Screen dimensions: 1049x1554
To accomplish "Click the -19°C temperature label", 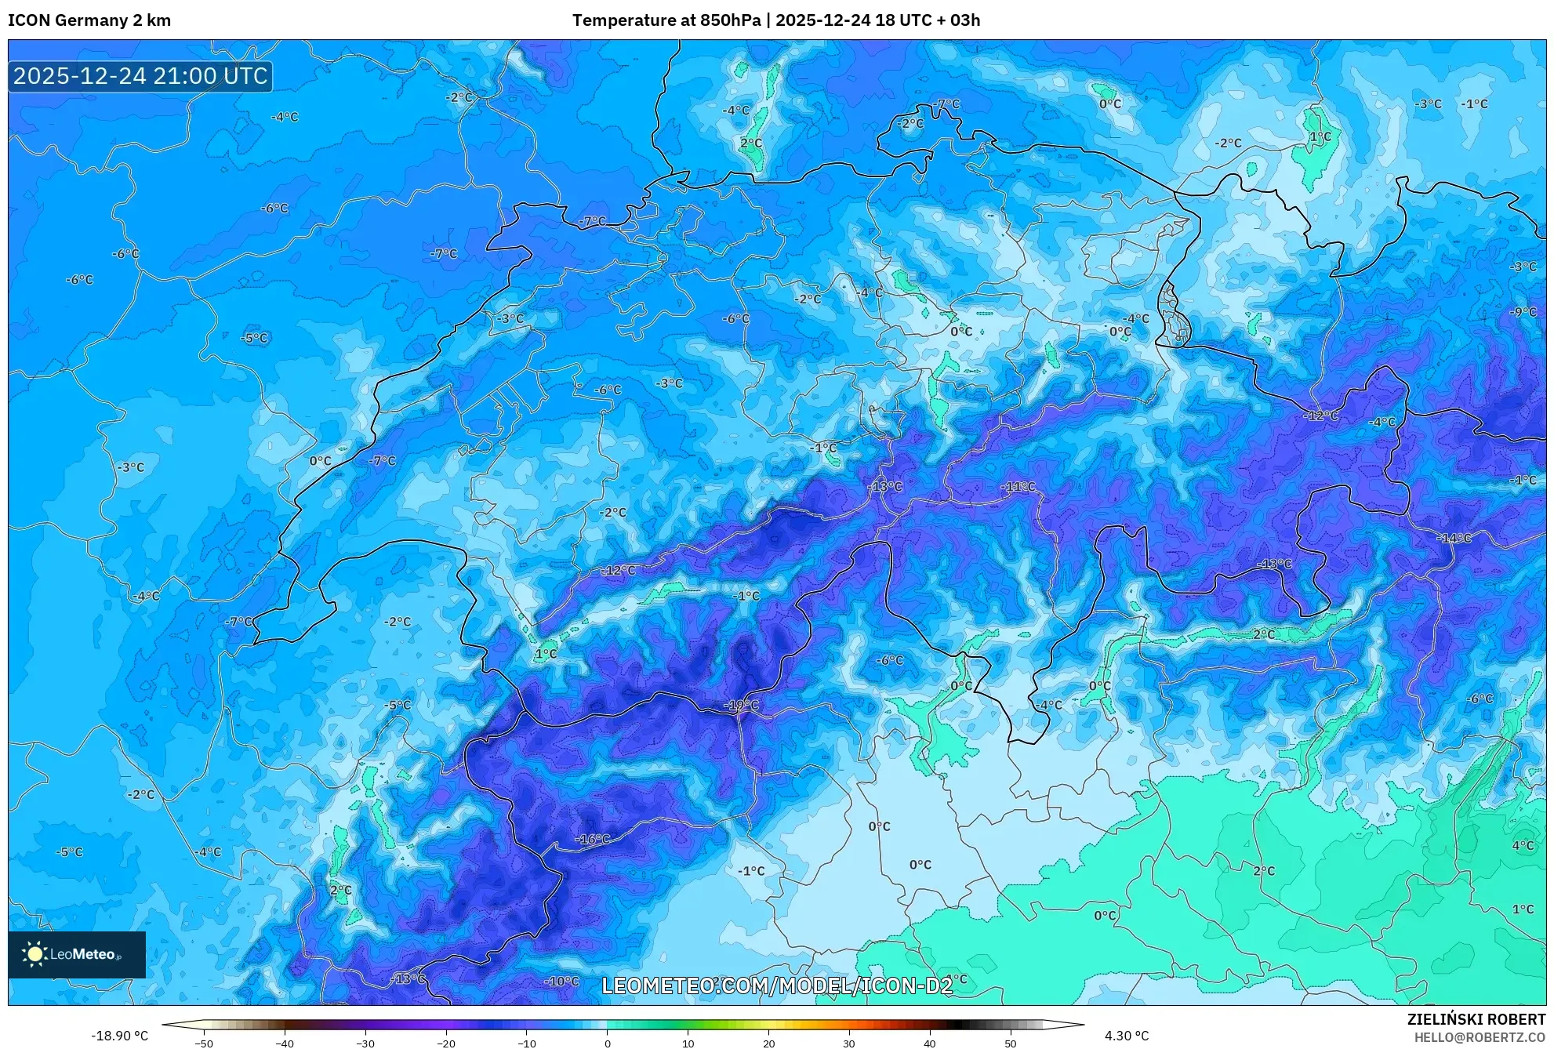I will tap(741, 706).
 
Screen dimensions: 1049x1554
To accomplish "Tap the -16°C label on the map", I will tap(593, 839).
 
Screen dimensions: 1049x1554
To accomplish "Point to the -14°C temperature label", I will tap(1454, 539).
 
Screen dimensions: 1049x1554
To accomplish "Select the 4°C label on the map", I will tap(1523, 846).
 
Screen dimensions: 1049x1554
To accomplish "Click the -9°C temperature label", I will tap(1523, 312).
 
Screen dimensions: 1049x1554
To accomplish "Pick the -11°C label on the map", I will tap(1018, 487).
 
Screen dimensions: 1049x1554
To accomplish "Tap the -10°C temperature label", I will tap(562, 982).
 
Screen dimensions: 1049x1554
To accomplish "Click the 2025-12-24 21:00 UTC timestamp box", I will tap(140, 76).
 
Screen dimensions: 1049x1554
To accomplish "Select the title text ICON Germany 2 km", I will tap(89, 20).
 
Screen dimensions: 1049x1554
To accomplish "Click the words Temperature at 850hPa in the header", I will tap(666, 20).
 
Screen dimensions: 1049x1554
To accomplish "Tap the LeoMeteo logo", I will tap(77, 954).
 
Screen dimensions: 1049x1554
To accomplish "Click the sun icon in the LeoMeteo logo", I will tap(34, 954).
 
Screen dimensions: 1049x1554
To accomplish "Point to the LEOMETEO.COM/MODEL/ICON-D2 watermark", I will tap(777, 985).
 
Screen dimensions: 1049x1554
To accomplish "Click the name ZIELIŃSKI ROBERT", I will tap(1476, 1019).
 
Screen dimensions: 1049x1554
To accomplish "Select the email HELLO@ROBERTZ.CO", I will tap(1480, 1036).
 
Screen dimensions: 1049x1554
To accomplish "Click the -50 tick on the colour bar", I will tap(204, 1044).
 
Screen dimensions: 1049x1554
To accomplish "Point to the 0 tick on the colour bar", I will tap(607, 1044).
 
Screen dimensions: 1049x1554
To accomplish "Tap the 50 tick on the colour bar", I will tap(1010, 1044).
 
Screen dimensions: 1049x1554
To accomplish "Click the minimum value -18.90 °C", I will tap(119, 1036).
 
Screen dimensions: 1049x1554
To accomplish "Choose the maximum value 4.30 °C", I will tap(1127, 1036).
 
